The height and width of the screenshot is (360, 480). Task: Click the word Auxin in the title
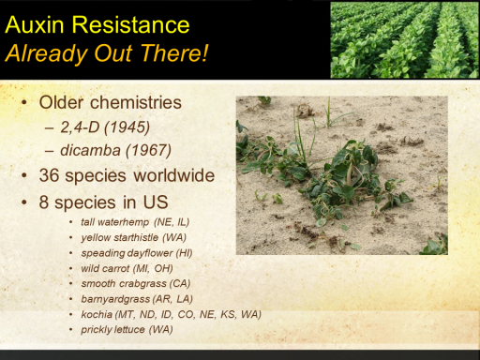click(35, 24)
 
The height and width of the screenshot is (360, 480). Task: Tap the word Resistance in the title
click(130, 24)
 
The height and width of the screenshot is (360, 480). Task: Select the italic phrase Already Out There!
click(107, 53)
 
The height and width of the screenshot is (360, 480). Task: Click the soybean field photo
click(405, 39)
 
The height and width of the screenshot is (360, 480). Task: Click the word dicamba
click(90, 150)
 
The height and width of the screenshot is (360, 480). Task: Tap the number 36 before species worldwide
click(49, 175)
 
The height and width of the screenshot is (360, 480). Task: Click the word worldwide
click(174, 175)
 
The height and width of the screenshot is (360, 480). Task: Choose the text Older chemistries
click(111, 102)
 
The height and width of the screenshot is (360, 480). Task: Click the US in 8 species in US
click(156, 202)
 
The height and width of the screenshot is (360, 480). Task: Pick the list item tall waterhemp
click(115, 222)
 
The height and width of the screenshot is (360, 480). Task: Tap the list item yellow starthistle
click(120, 237)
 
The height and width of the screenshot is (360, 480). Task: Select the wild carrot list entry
click(105, 268)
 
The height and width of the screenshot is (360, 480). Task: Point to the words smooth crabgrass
click(124, 284)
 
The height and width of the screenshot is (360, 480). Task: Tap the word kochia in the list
click(97, 314)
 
